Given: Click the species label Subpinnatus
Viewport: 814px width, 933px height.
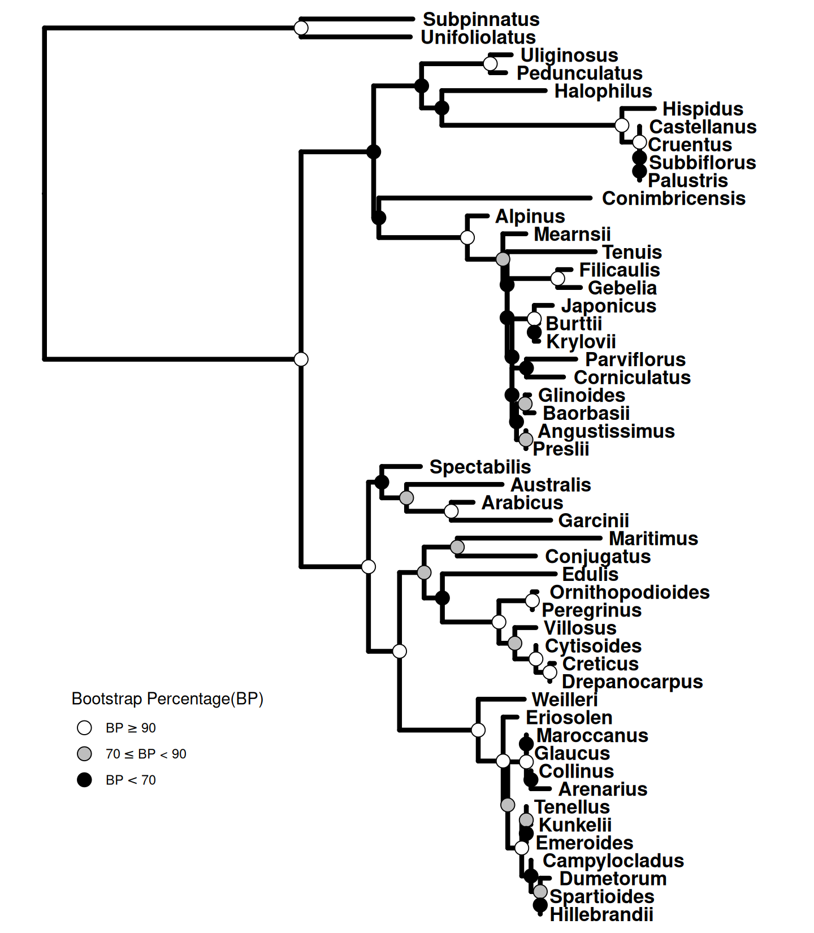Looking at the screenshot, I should (x=481, y=19).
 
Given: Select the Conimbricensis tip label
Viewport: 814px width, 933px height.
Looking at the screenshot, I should (x=673, y=198).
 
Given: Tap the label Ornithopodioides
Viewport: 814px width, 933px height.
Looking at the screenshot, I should (x=629, y=592).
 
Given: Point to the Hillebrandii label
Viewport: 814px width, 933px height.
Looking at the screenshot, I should (x=601, y=914).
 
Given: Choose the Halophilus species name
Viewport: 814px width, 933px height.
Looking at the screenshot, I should (x=603, y=91).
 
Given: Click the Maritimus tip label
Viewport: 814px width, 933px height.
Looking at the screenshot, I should (x=653, y=539).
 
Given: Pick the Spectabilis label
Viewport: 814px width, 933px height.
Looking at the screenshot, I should (x=480, y=467).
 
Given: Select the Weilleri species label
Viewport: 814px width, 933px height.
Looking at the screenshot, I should (x=564, y=700).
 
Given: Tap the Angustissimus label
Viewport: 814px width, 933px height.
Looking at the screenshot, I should (x=606, y=431).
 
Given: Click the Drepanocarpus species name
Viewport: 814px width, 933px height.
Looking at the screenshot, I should (x=632, y=682).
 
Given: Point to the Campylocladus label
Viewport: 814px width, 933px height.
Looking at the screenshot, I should (x=613, y=861).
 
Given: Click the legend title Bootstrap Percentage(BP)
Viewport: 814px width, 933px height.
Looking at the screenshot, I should (x=167, y=699).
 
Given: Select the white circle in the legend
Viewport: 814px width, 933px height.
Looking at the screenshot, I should (x=84, y=728).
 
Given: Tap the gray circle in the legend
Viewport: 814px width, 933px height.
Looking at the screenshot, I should (x=84, y=754).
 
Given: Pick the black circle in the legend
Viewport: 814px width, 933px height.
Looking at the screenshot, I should (x=84, y=780).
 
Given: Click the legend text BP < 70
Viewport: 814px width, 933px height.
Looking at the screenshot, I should (x=131, y=780).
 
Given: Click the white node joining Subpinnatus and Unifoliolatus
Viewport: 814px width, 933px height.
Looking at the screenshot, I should (x=301, y=28).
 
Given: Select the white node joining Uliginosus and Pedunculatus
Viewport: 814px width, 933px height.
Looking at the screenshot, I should (x=491, y=63).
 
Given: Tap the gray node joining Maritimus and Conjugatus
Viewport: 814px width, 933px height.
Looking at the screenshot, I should (x=457, y=547).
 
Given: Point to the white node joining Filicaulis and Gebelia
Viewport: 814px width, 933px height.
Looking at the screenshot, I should (x=557, y=279).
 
